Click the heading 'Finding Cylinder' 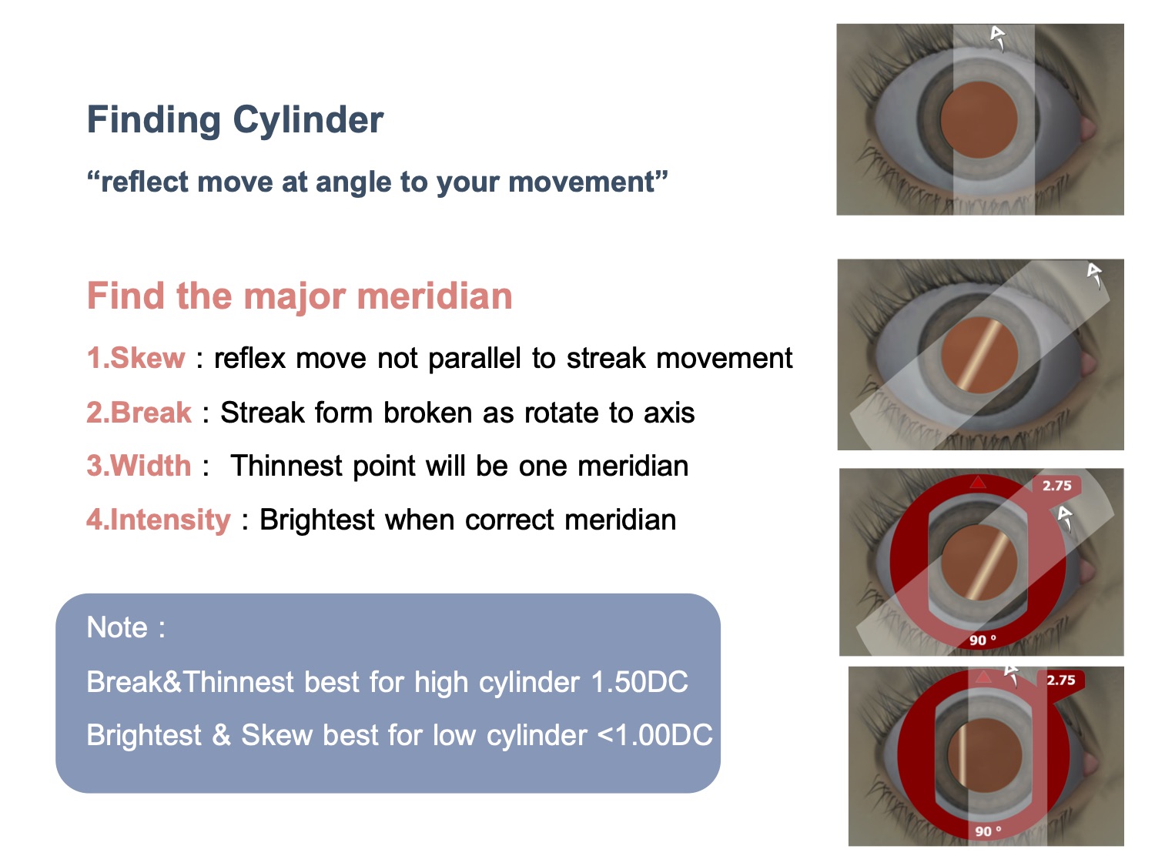click(235, 121)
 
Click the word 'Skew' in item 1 click(147, 357)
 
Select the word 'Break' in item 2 click(150, 412)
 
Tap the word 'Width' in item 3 click(150, 466)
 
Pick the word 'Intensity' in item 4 click(170, 520)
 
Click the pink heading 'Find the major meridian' click(300, 296)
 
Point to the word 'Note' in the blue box click(117, 627)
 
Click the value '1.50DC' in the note click(639, 681)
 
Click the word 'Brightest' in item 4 click(317, 520)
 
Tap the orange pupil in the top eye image click(978, 119)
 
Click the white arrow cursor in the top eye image click(998, 38)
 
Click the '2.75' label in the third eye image click(1056, 485)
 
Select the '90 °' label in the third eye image click(983, 640)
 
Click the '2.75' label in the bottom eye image click(1060, 680)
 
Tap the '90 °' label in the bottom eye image click(988, 831)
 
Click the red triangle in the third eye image click(978, 482)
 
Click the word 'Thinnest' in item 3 click(286, 466)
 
